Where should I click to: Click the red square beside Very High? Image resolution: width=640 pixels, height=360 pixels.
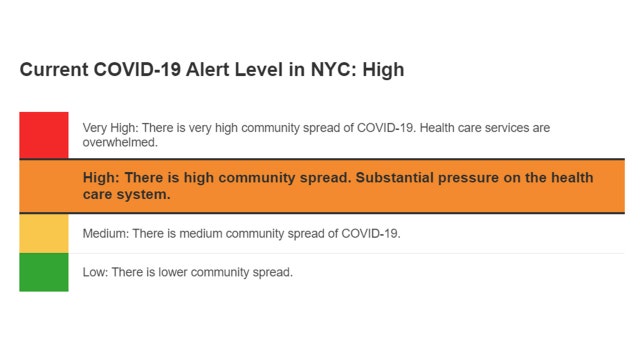pos(43,135)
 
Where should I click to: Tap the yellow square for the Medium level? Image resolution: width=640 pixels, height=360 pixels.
pos(43,233)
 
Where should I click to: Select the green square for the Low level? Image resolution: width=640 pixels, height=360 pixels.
pos(43,272)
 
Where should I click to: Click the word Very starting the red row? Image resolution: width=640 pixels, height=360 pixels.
pos(95,128)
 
